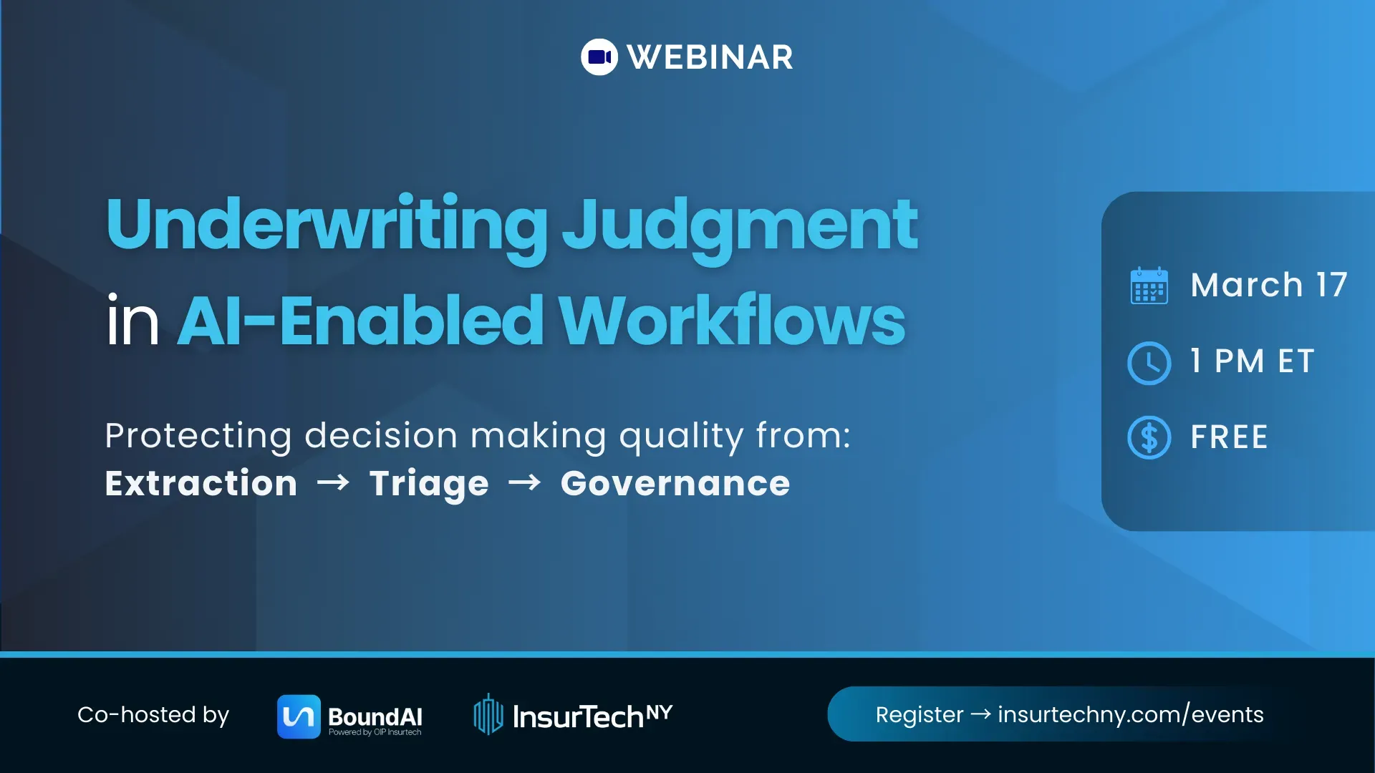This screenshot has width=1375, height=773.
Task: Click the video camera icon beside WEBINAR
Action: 599,57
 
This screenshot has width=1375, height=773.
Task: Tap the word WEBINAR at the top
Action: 710,57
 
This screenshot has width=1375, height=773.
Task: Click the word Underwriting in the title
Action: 327,225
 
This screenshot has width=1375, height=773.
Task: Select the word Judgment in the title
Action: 739,226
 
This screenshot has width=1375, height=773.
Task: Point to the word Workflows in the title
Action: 732,321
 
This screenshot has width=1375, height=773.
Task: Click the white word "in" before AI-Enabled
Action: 132,321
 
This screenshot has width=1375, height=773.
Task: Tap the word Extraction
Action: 201,483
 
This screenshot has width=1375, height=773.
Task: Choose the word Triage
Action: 429,484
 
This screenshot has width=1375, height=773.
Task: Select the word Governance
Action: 675,483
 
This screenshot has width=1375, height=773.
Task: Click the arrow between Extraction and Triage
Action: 333,483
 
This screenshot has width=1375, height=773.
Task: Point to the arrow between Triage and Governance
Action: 524,483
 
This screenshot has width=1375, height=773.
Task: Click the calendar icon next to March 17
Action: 1149,286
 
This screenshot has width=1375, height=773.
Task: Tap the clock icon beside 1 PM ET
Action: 1149,363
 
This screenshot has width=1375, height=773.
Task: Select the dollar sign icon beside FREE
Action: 1149,437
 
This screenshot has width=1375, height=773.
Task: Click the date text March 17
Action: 1269,285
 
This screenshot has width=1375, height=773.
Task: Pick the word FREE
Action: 1229,437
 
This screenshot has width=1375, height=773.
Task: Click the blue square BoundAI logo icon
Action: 299,716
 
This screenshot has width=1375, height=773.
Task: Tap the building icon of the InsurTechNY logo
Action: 488,714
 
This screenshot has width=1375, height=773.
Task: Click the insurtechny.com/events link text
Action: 1130,714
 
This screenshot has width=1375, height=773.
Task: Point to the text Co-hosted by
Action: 153,714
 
